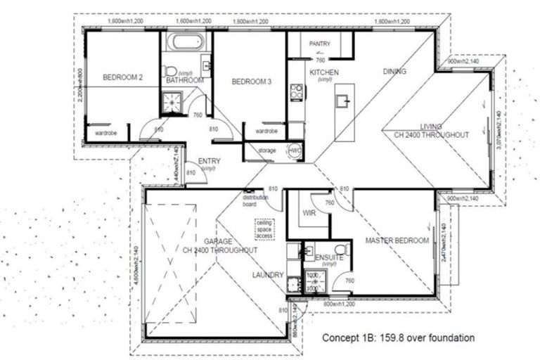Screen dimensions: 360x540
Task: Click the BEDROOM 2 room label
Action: pyautogui.click(x=123, y=77)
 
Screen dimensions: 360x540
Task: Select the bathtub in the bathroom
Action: pyautogui.click(x=186, y=42)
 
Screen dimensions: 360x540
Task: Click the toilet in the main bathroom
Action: pyautogui.click(x=169, y=70)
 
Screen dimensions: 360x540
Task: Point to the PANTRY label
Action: pyautogui.click(x=320, y=44)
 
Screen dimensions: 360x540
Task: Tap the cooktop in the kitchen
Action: pyautogui.click(x=297, y=91)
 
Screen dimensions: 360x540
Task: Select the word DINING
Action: pyautogui.click(x=394, y=71)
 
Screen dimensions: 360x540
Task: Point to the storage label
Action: pyautogui.click(x=266, y=150)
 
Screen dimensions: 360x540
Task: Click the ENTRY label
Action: pyautogui.click(x=210, y=161)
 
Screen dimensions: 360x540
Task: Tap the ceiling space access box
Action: pyautogui.click(x=265, y=229)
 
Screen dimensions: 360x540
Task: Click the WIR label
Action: pyautogui.click(x=307, y=211)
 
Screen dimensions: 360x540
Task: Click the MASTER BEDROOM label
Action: pyautogui.click(x=397, y=241)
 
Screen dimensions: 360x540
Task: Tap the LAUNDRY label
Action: pyautogui.click(x=269, y=275)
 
